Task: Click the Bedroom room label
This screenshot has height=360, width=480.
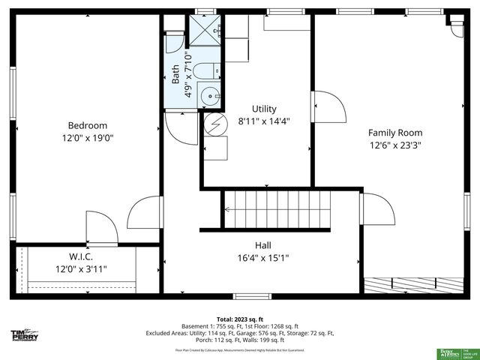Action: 88,125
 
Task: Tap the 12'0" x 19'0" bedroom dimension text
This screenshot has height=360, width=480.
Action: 88,138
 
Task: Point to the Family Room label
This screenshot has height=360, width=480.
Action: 394,133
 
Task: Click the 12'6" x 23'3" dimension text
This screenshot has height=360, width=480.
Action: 394,145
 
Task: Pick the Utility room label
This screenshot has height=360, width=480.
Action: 264,109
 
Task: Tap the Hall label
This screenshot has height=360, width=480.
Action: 262,245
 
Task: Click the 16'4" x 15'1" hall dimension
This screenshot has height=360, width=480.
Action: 262,258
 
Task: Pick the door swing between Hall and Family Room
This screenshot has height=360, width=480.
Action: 377,208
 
